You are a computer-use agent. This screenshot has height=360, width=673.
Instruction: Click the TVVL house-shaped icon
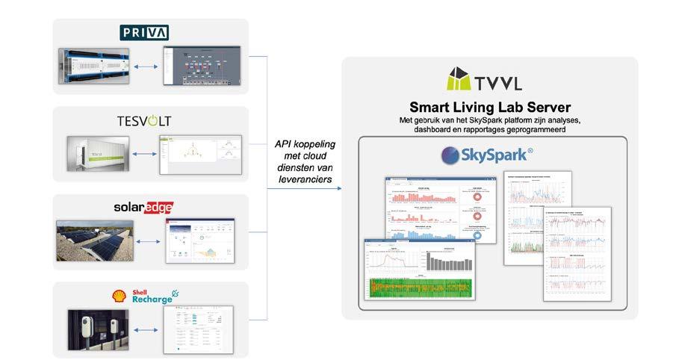pyautogui.click(x=459, y=79)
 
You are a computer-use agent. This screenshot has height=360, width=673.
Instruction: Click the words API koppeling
pyautogui.click(x=306, y=146)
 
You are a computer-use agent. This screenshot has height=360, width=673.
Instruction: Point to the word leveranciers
pyautogui.click(x=306, y=179)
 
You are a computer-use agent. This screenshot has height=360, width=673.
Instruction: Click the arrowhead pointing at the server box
pyautogui.click(x=339, y=187)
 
